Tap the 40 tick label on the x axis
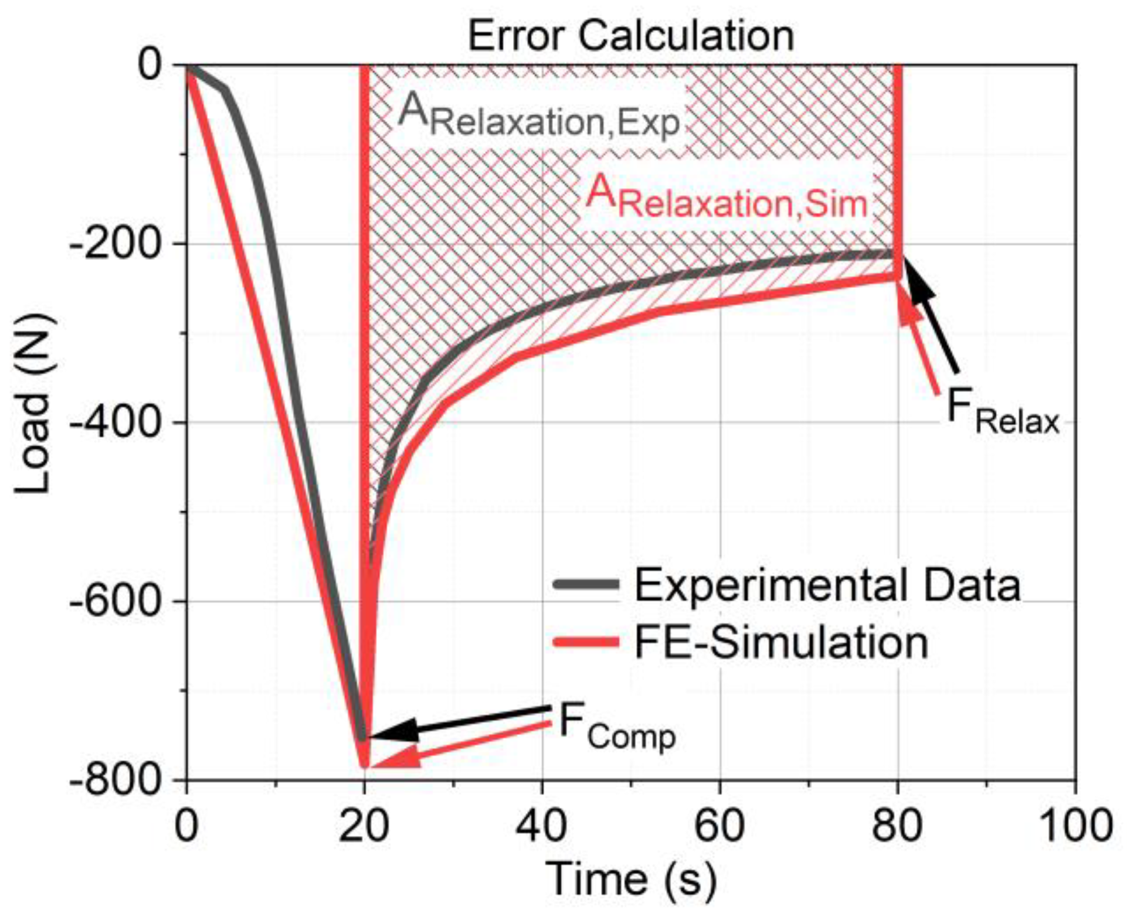(x=542, y=826)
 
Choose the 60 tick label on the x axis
(x=719, y=826)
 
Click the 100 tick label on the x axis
(x=1075, y=826)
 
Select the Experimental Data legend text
(x=827, y=585)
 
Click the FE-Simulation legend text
(x=782, y=643)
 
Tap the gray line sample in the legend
(x=585, y=584)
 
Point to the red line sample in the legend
(x=585, y=642)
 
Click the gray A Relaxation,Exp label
(x=538, y=116)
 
